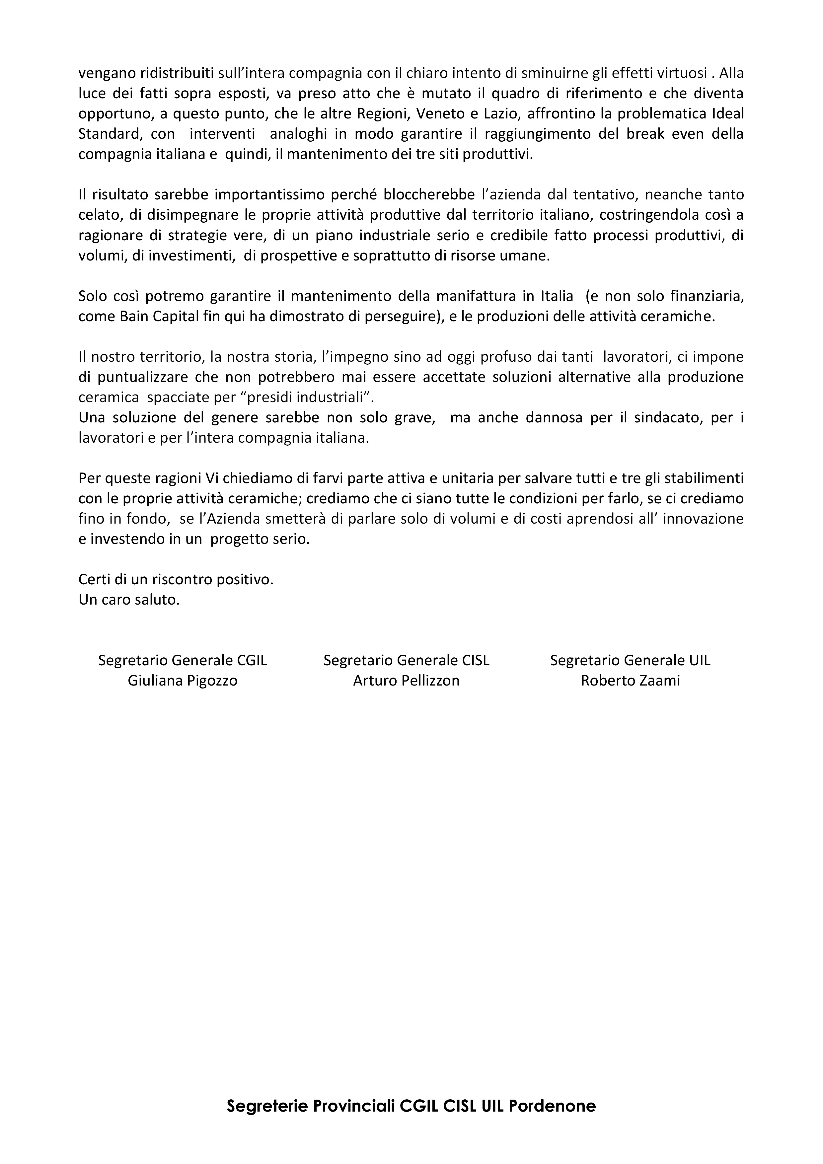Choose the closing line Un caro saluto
(129, 600)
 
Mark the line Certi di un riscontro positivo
(176, 579)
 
